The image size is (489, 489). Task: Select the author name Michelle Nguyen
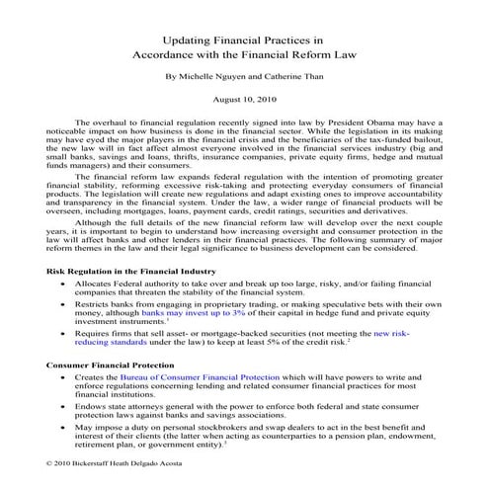tap(207, 74)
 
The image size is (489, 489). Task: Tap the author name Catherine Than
tap(292, 74)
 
